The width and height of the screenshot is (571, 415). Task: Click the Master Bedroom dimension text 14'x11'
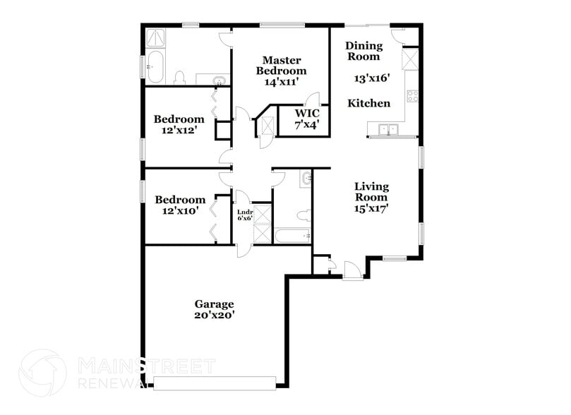click(281, 82)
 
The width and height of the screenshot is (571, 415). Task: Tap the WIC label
click(307, 114)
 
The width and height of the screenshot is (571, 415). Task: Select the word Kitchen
click(368, 103)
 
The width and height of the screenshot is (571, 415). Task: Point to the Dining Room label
click(363, 51)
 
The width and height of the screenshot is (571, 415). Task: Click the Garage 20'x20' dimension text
click(214, 315)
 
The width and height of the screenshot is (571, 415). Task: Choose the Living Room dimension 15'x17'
click(371, 209)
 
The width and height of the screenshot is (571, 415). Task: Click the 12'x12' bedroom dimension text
click(180, 131)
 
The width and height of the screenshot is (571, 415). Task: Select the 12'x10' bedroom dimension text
click(180, 210)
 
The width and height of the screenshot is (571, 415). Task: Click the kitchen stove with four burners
click(413, 96)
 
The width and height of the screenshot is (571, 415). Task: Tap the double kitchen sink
click(387, 129)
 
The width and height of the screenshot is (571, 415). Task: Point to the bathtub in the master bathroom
click(155, 67)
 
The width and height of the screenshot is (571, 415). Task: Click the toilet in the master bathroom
click(179, 76)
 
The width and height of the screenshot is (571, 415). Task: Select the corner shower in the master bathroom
click(155, 37)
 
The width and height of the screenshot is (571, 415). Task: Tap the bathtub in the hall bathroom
click(291, 235)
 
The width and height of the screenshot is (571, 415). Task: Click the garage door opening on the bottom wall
click(215, 383)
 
